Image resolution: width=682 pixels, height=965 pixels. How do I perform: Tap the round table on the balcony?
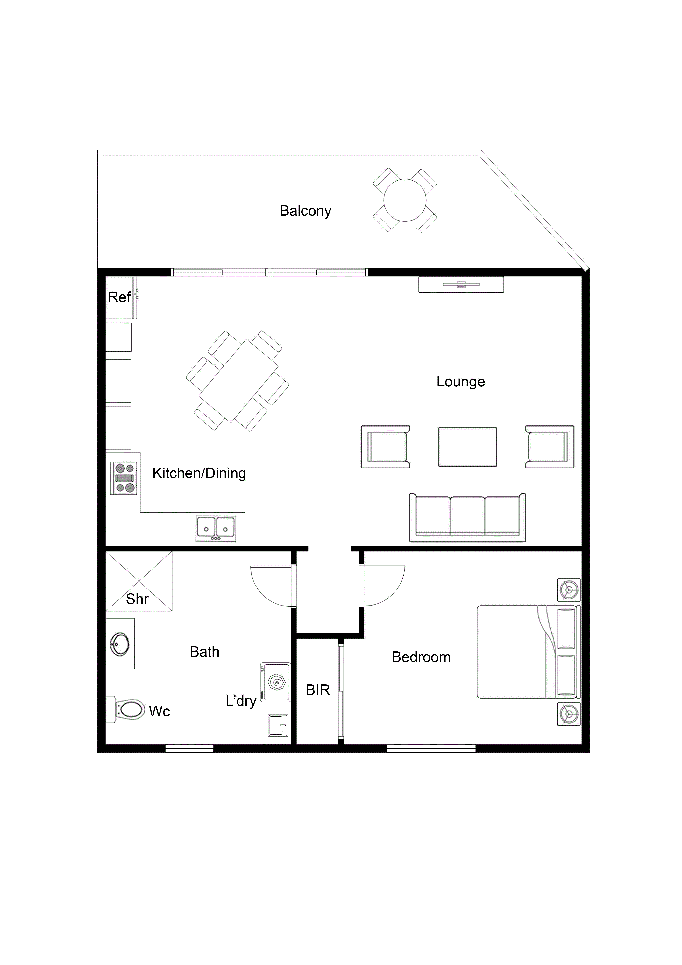point(405,200)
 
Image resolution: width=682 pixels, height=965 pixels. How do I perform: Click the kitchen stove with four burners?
point(124,478)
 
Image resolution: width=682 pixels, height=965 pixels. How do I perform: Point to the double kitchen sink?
point(216,529)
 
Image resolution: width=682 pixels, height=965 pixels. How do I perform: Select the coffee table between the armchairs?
point(467,447)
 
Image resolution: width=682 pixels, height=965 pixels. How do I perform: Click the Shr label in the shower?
point(137,599)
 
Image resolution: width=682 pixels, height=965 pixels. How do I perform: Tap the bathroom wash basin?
point(120,643)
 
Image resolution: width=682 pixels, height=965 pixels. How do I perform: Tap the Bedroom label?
point(421,657)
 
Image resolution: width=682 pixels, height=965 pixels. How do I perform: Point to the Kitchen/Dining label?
point(199,473)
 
